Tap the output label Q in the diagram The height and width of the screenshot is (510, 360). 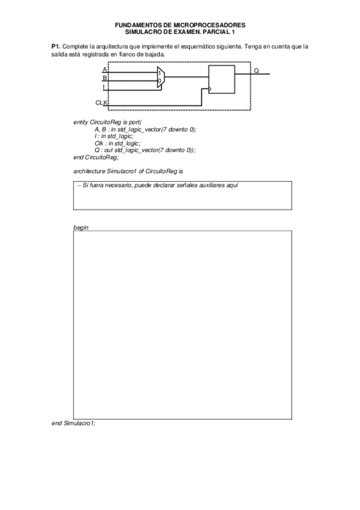pos(257,70)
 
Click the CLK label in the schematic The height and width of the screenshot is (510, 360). pos(101,103)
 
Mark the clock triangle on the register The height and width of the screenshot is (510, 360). pos(210,90)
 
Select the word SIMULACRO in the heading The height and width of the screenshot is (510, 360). pos(141,31)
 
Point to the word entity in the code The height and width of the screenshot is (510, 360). pos(81,122)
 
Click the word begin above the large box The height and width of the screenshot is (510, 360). pos(80,228)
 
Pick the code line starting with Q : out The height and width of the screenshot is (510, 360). pos(145,150)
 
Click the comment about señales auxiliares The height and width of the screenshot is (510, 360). pos(158,185)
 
